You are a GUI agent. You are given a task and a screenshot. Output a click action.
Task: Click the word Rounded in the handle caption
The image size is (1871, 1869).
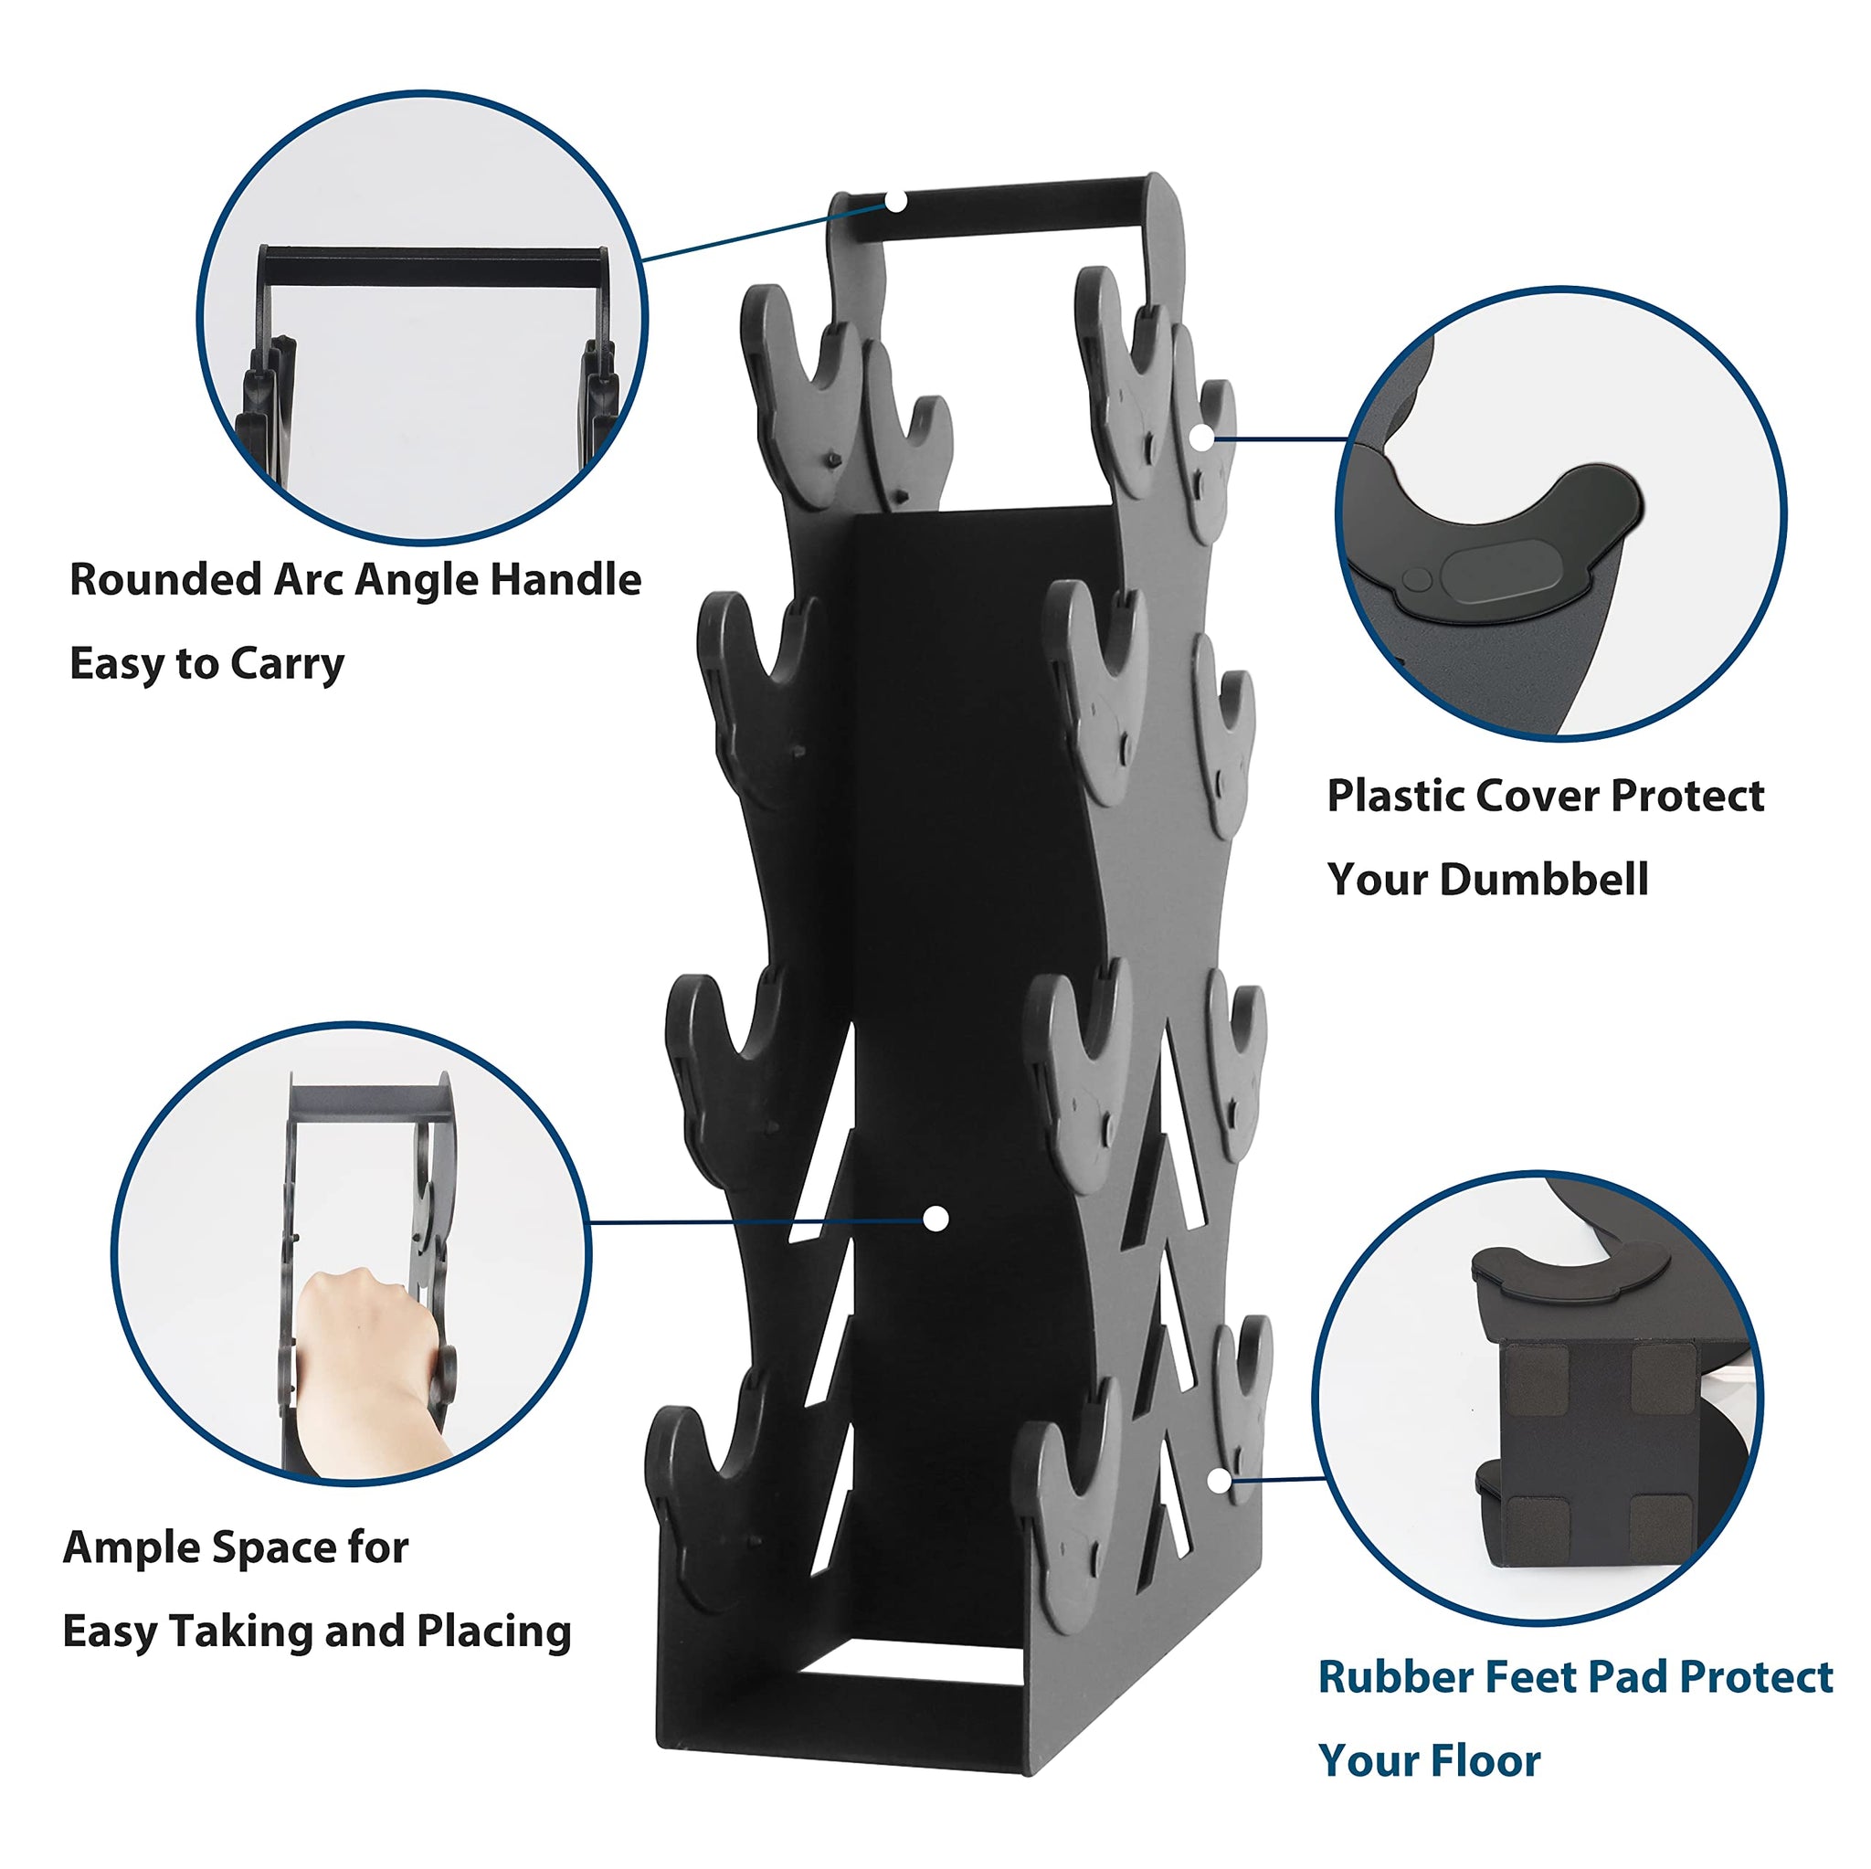tap(164, 580)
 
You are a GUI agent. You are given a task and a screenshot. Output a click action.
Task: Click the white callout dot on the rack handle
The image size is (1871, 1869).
tap(898, 202)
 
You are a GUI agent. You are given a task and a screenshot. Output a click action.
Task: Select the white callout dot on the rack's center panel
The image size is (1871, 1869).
tap(935, 1220)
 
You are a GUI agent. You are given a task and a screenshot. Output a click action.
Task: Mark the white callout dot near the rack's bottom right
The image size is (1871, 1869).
tap(1220, 1481)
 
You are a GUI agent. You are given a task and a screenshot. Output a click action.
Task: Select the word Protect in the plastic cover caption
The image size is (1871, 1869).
tap(1688, 796)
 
